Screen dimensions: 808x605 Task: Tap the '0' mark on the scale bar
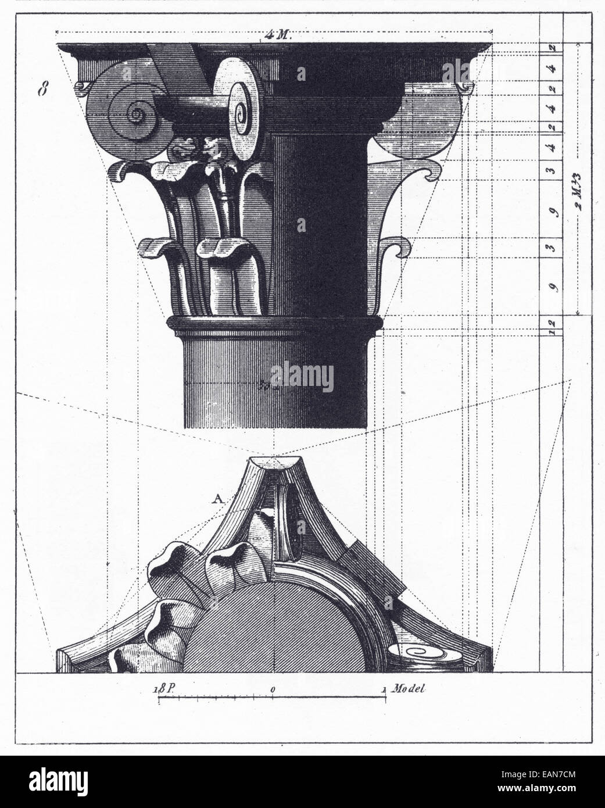pos(272,689)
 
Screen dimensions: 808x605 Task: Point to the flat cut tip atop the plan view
pos(273,463)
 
